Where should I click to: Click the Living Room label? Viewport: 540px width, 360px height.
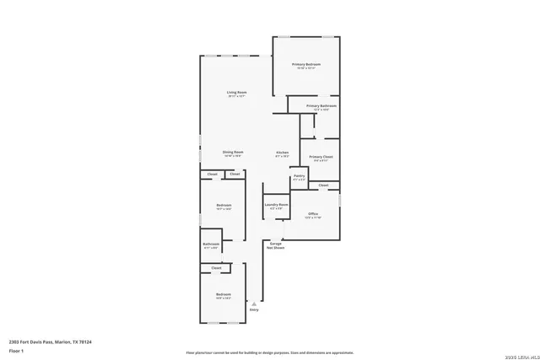click(x=236, y=92)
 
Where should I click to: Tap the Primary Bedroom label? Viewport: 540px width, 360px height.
click(x=306, y=65)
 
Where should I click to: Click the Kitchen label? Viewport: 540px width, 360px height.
click(x=283, y=153)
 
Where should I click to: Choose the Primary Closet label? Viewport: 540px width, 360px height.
click(x=321, y=157)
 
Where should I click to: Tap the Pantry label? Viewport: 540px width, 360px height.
click(x=300, y=176)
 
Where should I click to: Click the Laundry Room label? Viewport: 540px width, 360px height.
click(x=277, y=205)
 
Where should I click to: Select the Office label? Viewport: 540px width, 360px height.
click(x=313, y=214)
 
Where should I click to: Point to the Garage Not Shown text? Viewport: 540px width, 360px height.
click(x=276, y=247)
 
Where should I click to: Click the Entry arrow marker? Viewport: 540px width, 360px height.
click(x=250, y=301)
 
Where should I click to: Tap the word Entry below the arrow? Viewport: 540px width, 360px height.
click(x=253, y=310)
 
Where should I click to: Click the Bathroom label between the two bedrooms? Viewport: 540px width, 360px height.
click(x=210, y=244)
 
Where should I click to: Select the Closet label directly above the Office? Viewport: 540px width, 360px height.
click(x=323, y=185)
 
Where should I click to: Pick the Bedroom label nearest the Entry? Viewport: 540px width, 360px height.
click(x=224, y=294)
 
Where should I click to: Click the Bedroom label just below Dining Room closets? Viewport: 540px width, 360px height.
click(x=224, y=206)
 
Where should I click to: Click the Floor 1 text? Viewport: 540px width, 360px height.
click(x=16, y=350)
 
